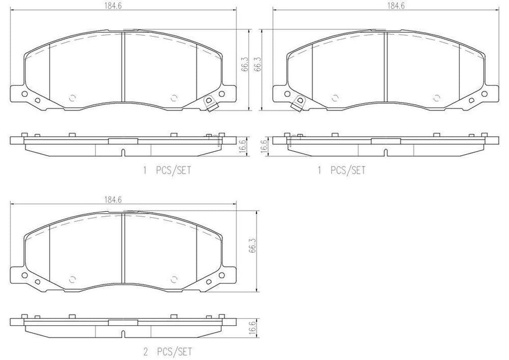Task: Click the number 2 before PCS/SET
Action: pyautogui.click(x=145, y=351)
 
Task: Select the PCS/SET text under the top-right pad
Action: pyautogui.click(x=348, y=171)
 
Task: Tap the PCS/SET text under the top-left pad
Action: pyautogui.click(x=173, y=171)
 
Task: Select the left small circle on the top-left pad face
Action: pyautogui.click(x=73, y=97)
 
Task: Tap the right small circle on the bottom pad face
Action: pyautogui.click(x=173, y=278)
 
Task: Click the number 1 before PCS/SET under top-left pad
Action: pyautogui.click(x=145, y=171)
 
